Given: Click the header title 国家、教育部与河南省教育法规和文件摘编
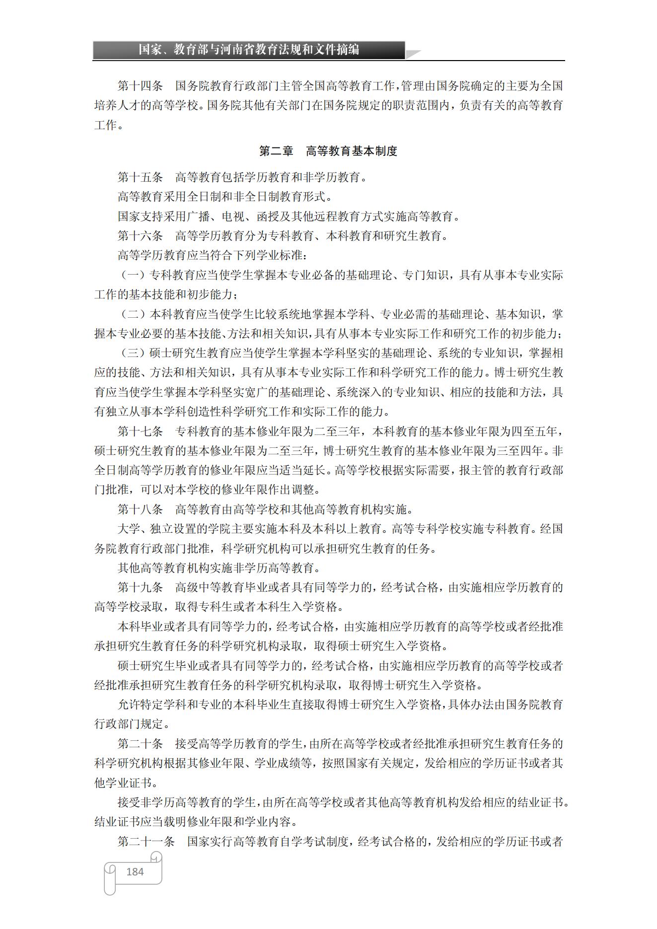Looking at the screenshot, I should click(248, 50).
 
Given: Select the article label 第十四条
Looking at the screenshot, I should click(140, 86).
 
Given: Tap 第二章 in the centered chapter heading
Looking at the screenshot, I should click(276, 151).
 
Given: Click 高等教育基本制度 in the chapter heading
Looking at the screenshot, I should click(351, 151).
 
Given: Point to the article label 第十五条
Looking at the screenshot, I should click(140, 177).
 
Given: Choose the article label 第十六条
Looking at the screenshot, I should click(140, 236).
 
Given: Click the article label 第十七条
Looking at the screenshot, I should click(140, 431).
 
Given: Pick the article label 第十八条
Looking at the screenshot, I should click(140, 509).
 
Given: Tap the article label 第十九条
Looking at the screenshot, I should click(140, 587).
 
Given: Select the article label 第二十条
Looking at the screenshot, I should click(140, 744).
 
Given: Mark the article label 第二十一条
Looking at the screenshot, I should click(146, 842).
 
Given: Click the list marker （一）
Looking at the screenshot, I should click(133, 275).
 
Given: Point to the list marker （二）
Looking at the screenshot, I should click(133, 314).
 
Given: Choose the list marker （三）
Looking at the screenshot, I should click(133, 353).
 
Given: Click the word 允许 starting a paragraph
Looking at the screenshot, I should click(129, 705).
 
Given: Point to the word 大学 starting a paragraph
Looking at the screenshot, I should click(129, 529).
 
